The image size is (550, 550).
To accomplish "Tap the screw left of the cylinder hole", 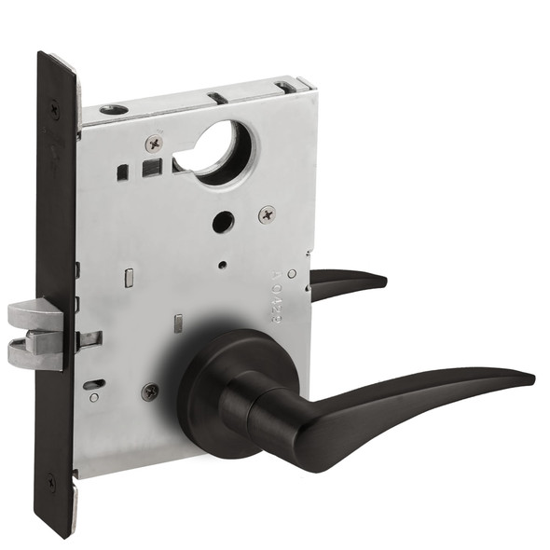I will [154, 143].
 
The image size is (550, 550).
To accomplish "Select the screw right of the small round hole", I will [268, 213].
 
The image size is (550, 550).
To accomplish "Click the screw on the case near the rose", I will [150, 392].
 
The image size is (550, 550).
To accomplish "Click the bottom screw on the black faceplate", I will [51, 484].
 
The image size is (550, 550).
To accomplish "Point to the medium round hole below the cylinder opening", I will [223, 224].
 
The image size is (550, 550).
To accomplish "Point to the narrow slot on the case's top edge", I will [215, 96].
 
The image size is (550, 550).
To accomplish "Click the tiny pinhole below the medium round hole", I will [223, 264].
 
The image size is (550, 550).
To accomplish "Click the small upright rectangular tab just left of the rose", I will [178, 325].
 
